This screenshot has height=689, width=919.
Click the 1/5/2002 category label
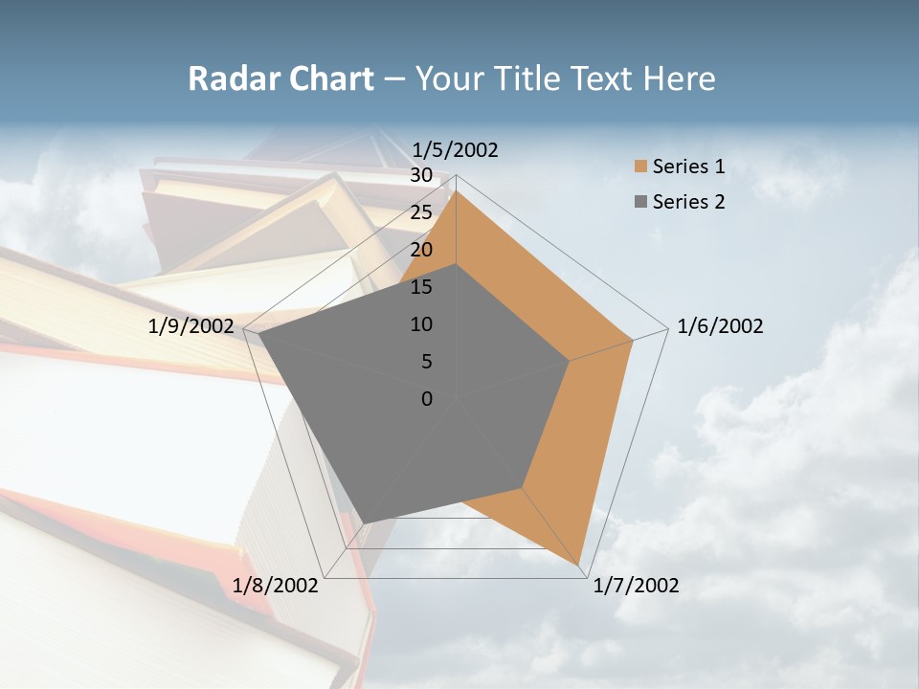[455, 150]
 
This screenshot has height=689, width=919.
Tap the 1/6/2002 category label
[720, 326]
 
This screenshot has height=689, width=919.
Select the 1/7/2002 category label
[636, 586]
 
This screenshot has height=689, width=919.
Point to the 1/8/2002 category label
[275, 586]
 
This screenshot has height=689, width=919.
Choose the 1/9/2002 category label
[191, 326]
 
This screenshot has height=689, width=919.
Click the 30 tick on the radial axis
[421, 175]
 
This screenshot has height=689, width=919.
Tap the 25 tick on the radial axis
[421, 212]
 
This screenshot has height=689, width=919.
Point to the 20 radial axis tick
[421, 250]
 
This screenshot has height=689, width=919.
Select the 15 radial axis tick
[421, 287]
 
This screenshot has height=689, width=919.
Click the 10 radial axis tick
[421, 324]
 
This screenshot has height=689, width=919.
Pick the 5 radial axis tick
[427, 362]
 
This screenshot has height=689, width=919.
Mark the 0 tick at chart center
[427, 399]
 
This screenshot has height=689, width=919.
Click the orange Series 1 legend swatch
[640, 167]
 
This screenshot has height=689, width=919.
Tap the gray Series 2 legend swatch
[640, 202]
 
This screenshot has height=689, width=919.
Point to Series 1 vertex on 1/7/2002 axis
[579, 567]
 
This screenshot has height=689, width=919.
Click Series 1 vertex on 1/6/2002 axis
[633, 340]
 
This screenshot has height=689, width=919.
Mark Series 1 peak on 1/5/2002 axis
[456, 190]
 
